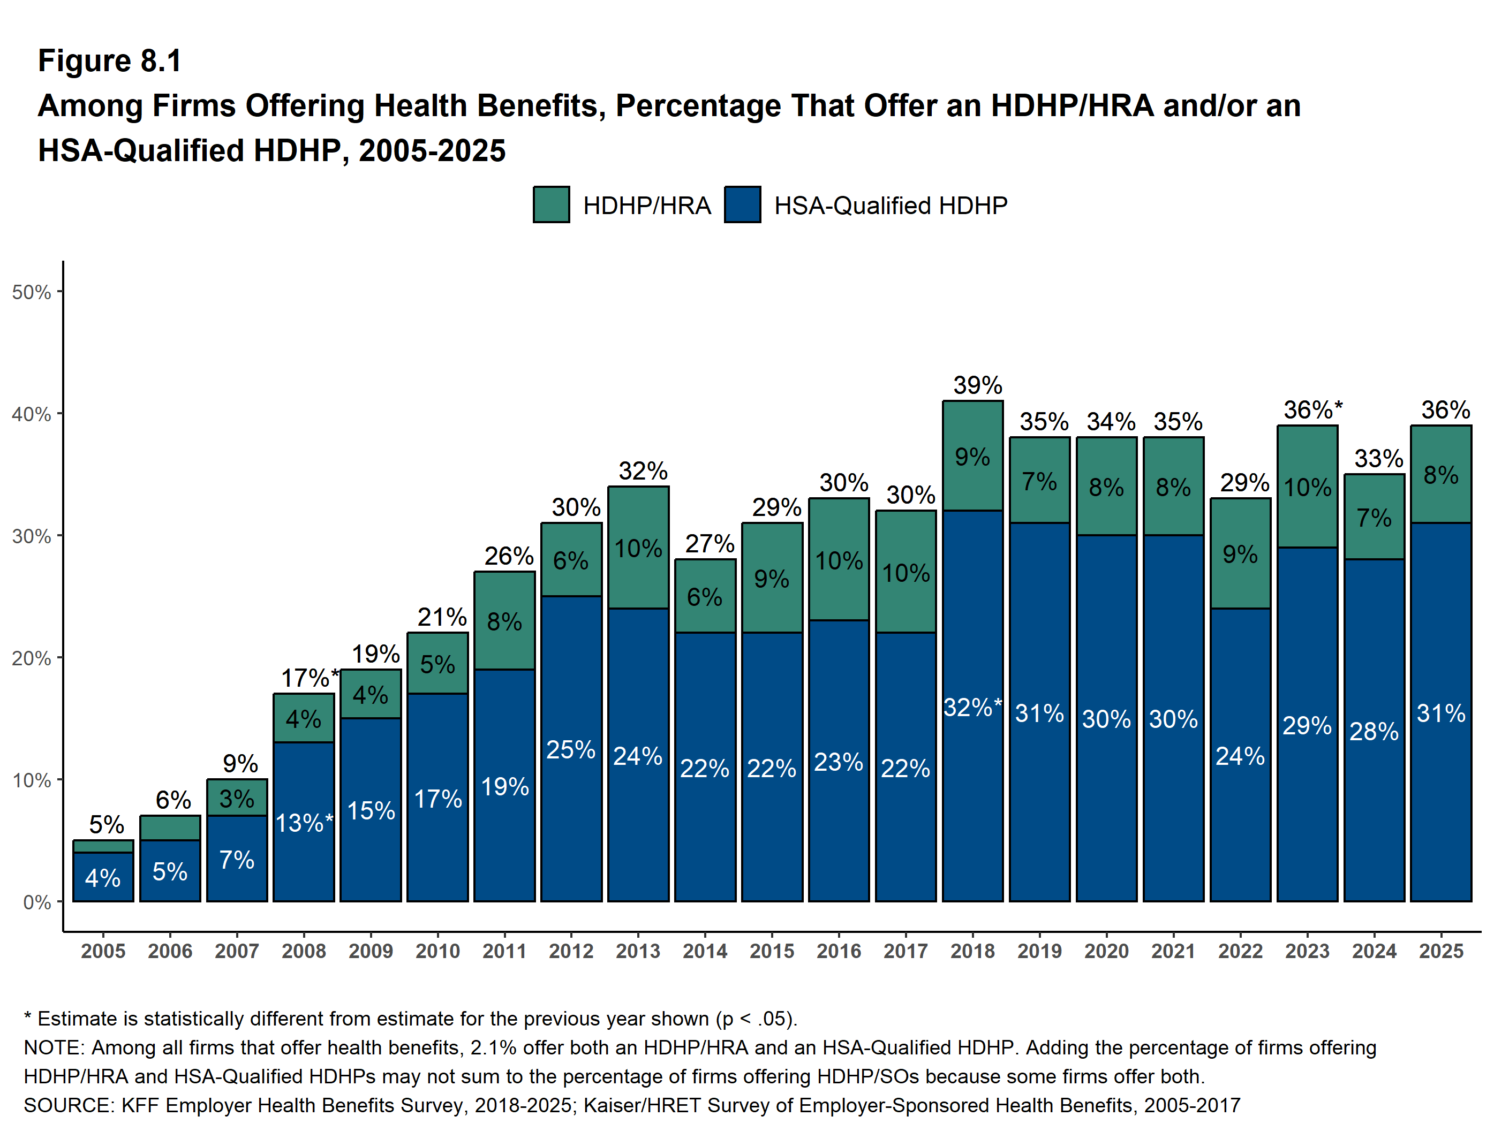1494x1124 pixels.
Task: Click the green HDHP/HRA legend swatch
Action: click(x=550, y=204)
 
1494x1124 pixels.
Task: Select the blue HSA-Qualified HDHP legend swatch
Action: click(x=742, y=204)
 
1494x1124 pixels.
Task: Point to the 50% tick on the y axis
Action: click(x=32, y=292)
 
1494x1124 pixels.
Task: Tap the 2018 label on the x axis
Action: click(x=972, y=951)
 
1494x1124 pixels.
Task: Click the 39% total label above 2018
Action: click(x=977, y=385)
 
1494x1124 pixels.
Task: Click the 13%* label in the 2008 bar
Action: click(x=304, y=823)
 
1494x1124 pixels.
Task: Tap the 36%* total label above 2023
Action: click(x=1312, y=410)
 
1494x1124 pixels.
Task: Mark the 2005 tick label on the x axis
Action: click(x=103, y=951)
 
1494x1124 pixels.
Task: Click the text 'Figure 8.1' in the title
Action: click(x=109, y=61)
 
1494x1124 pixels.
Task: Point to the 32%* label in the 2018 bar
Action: click(x=972, y=708)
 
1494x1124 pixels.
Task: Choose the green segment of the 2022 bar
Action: click(x=1240, y=553)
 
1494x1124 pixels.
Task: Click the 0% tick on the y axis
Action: click(x=36, y=902)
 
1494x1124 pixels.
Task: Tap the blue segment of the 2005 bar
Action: click(x=103, y=877)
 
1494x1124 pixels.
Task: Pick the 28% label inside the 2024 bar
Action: click(x=1374, y=731)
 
